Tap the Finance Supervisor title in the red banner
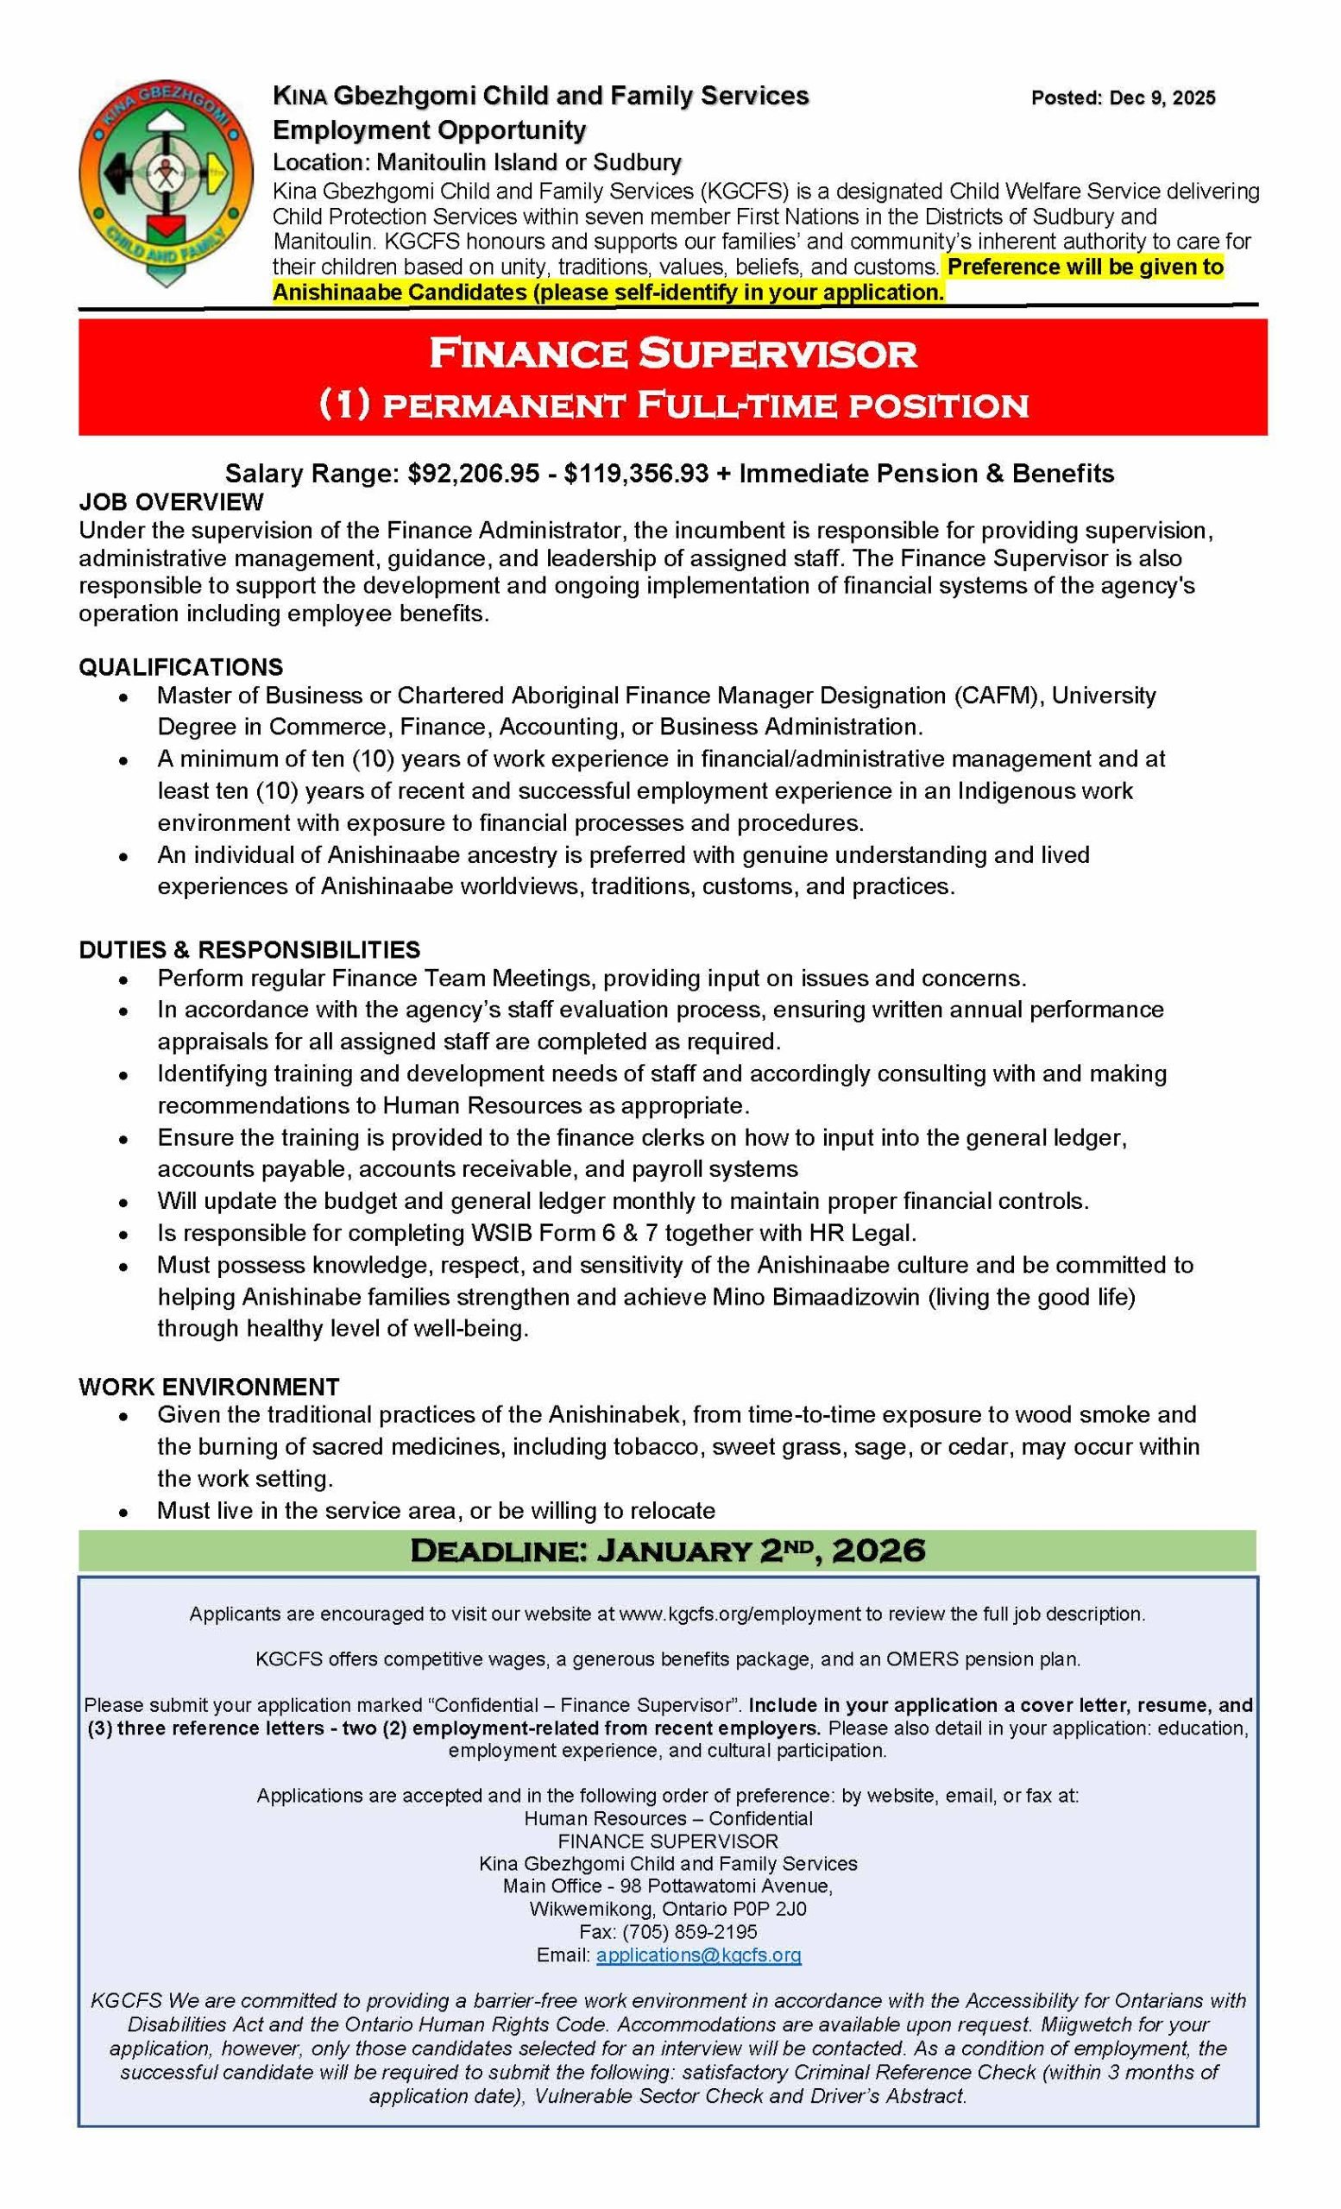point(672,353)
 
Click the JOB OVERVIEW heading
point(171,501)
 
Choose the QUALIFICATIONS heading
point(181,667)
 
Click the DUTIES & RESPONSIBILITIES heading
point(249,949)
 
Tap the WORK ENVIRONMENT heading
point(209,1387)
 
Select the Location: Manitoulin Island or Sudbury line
point(477,162)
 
